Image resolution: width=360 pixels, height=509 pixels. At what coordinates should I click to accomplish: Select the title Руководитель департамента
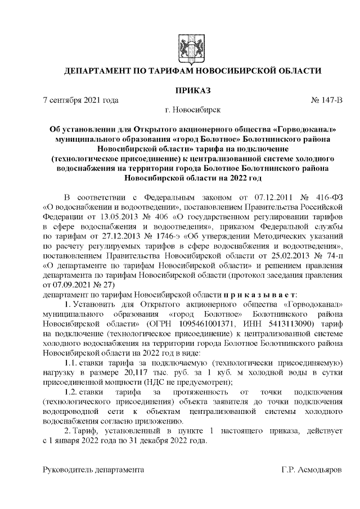pyautogui.click(x=95, y=469)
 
